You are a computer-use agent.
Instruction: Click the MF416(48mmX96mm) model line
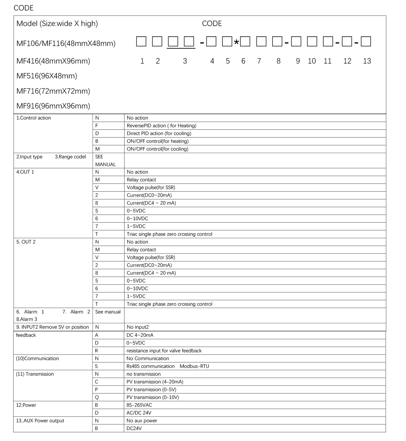pyautogui.click(x=53, y=61)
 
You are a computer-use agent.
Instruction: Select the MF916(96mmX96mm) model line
pyautogui.click(x=53, y=106)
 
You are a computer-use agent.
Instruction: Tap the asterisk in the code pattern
pyautogui.click(x=236, y=43)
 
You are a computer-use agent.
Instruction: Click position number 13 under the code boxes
pyautogui.click(x=367, y=61)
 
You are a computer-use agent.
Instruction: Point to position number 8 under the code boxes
pyautogui.click(x=278, y=61)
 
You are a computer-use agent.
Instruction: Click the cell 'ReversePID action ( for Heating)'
pyautogui.click(x=161, y=126)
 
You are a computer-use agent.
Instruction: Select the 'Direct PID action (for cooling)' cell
pyautogui.click(x=159, y=133)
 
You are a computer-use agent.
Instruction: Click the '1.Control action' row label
pyautogui.click(x=34, y=118)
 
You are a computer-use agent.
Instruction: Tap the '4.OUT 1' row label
pyautogui.click(x=25, y=172)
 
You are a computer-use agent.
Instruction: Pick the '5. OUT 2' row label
pyautogui.click(x=26, y=242)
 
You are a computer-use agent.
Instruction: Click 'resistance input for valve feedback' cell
pyautogui.click(x=164, y=351)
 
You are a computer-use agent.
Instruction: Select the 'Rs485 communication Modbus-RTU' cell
pyautogui.click(x=167, y=366)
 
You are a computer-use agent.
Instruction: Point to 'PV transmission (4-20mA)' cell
pyautogui.click(x=155, y=382)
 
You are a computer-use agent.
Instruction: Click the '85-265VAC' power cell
pyautogui.click(x=139, y=405)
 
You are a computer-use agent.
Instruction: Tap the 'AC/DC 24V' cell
pyautogui.click(x=139, y=413)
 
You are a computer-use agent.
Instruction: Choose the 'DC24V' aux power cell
pyautogui.click(x=134, y=428)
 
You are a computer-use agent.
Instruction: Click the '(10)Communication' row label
pyautogui.click(x=37, y=359)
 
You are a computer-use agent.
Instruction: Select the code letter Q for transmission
pyautogui.click(x=97, y=397)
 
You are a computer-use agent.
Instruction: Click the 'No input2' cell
pyautogui.click(x=137, y=327)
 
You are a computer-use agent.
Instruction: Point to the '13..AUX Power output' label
pyautogui.click(x=40, y=421)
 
